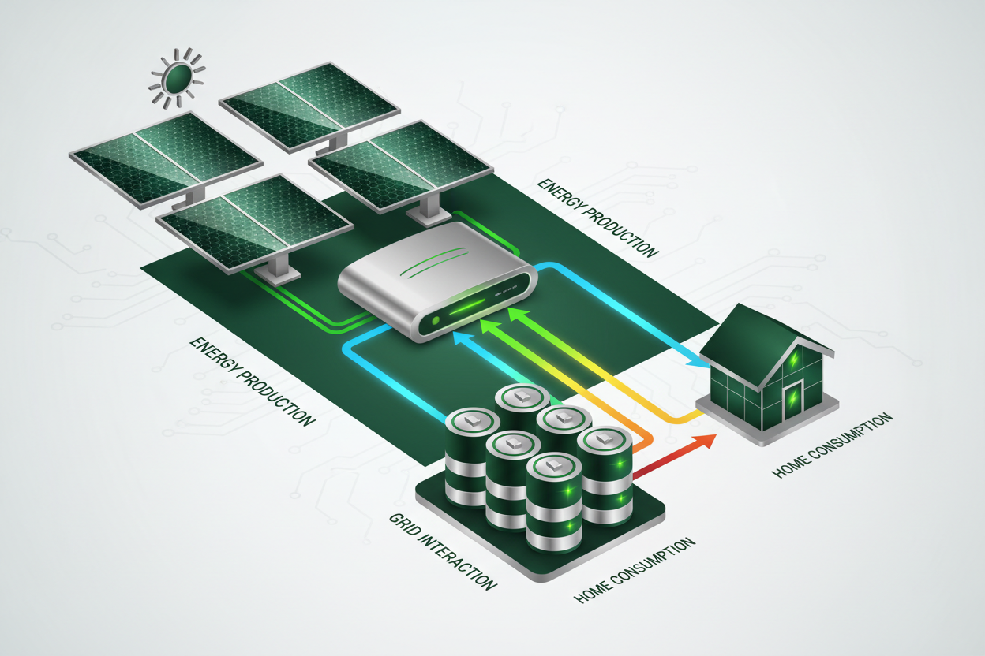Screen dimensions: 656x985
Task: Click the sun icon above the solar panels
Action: tap(178, 78)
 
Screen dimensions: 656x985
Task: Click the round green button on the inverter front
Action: tap(433, 322)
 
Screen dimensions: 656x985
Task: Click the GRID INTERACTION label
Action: tap(443, 551)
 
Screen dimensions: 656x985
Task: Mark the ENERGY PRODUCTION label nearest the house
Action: tap(597, 217)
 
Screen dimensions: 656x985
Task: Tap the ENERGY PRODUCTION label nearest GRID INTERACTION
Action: tap(252, 382)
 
